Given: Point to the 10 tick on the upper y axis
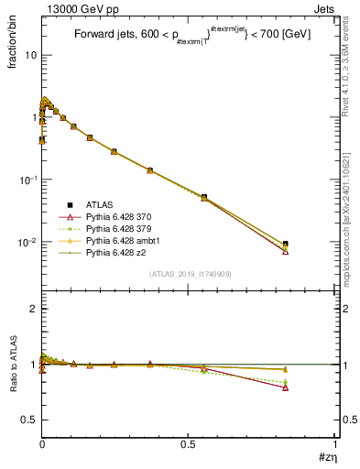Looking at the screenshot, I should (x=30, y=55).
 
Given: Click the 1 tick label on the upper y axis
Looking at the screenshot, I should (x=33, y=117).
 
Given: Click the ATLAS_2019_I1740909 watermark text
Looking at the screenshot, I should (x=188, y=274).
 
